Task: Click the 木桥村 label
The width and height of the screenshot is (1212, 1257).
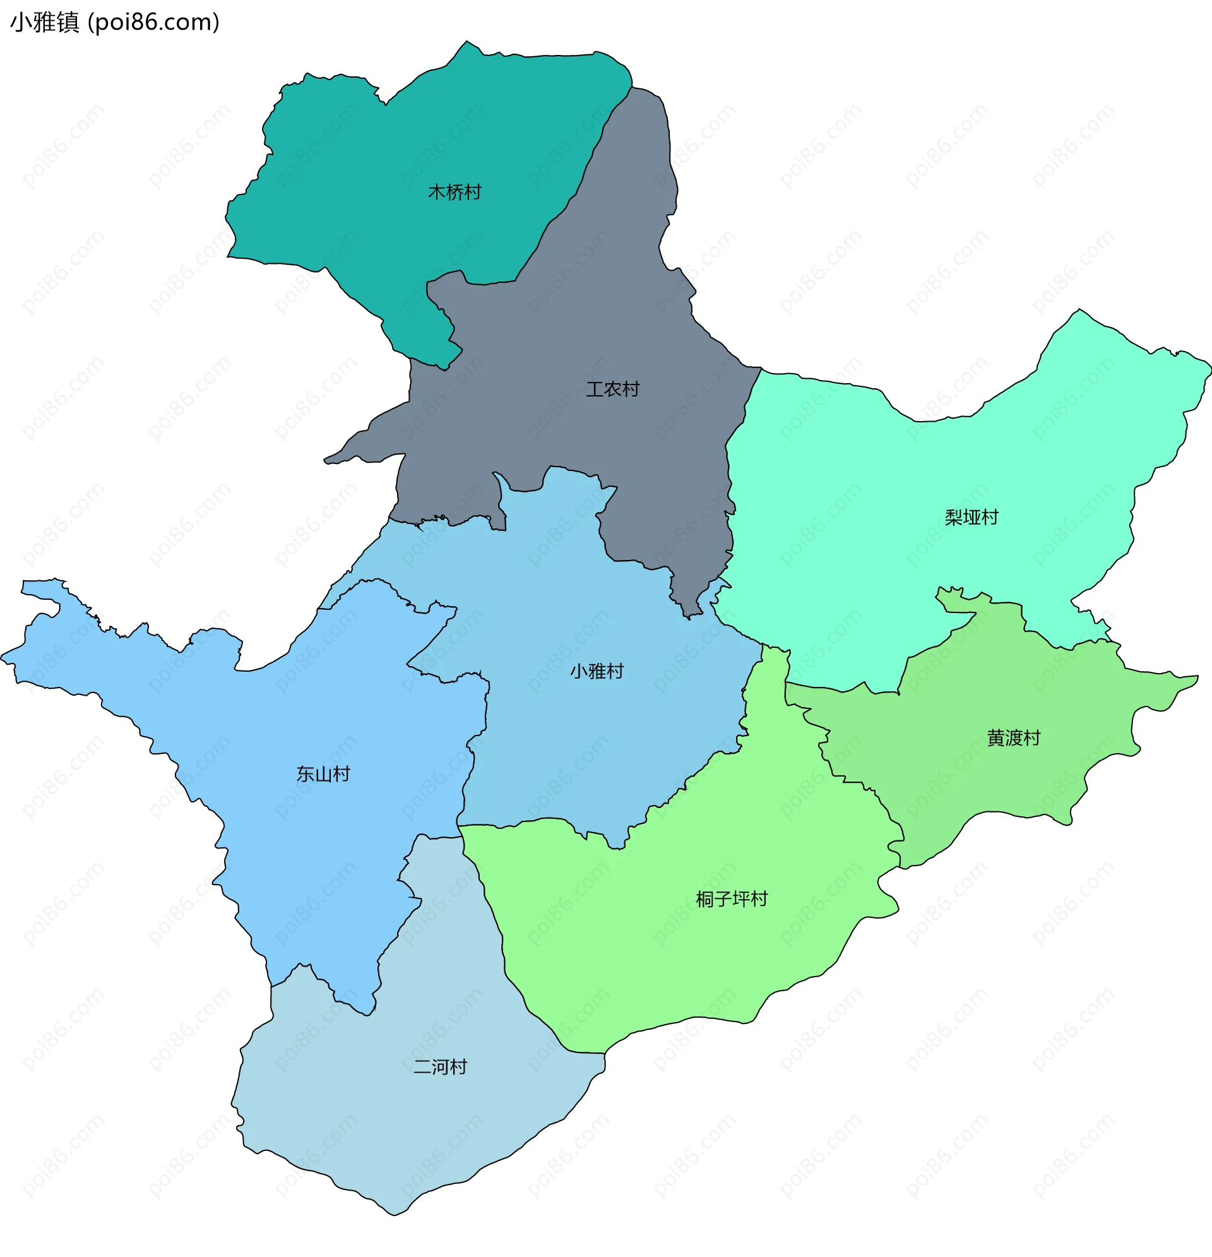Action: (454, 192)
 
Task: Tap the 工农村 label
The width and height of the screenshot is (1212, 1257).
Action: (612, 389)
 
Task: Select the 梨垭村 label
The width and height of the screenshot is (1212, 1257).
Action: (971, 517)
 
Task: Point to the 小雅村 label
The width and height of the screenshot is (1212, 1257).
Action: (597, 671)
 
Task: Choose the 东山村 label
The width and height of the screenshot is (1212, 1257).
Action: (323, 774)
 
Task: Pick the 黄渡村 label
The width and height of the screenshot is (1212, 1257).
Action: (1013, 738)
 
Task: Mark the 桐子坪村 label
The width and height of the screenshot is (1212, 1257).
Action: (731, 899)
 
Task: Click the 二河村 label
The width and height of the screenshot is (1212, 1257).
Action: (440, 1067)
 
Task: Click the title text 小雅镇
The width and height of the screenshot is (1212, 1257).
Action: (45, 23)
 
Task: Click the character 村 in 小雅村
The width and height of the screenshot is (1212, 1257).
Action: (614, 671)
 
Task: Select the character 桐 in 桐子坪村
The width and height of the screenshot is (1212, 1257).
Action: (704, 899)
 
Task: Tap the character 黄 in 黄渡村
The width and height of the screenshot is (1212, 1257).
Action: (995, 738)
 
